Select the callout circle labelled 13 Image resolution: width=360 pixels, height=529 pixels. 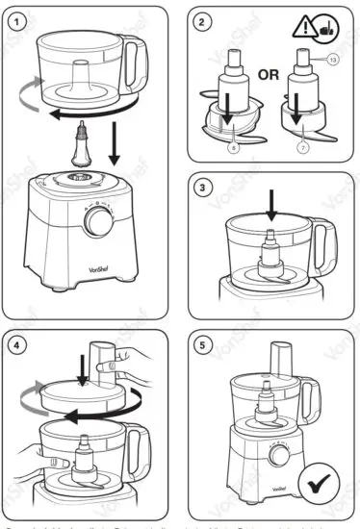(x=334, y=60)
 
